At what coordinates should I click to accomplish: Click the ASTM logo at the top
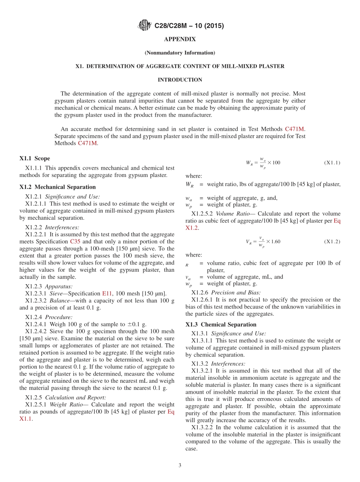(x=144, y=26)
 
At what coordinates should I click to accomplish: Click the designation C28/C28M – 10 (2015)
(x=189, y=26)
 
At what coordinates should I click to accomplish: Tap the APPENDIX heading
(x=180, y=39)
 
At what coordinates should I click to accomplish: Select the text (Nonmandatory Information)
(x=180, y=53)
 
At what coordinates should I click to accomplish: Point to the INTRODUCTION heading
(x=180, y=80)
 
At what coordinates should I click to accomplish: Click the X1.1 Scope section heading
(x=34, y=158)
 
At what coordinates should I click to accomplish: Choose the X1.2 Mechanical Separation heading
(x=58, y=187)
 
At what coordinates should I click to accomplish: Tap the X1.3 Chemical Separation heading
(x=221, y=324)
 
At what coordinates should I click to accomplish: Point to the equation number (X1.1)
(x=332, y=163)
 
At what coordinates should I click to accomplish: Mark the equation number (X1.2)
(x=332, y=241)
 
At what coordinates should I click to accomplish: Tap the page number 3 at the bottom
(x=180, y=465)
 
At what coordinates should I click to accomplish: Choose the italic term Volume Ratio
(x=232, y=214)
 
